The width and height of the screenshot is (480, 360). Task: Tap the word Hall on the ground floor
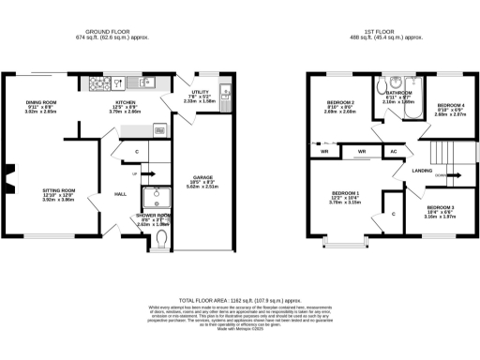pos(121,194)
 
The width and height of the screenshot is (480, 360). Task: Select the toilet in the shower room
pos(163,242)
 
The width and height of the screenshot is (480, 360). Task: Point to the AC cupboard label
pos(393,150)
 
